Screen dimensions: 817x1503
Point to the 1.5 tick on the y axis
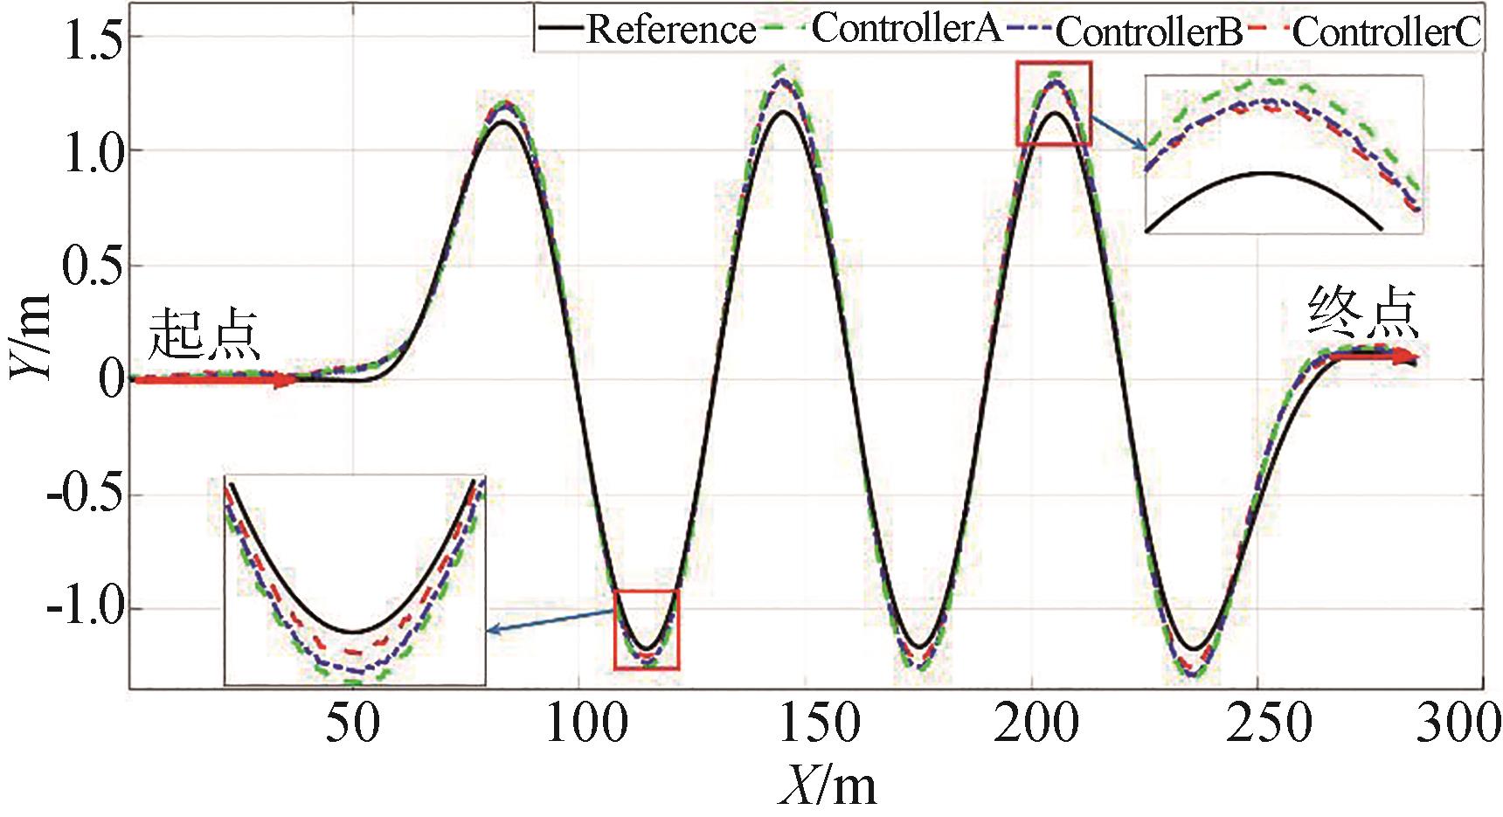click(x=93, y=40)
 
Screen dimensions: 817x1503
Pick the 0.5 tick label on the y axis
click(x=93, y=266)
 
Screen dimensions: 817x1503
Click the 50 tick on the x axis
click(x=353, y=724)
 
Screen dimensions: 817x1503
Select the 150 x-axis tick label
click(x=819, y=724)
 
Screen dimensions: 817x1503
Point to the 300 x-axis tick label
click(x=1458, y=724)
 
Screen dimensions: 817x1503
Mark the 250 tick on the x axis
click(x=1269, y=724)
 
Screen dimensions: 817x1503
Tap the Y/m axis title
click(x=30, y=337)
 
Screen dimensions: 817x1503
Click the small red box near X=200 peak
click(x=1053, y=103)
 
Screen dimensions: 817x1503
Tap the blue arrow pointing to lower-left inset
click(x=551, y=621)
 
